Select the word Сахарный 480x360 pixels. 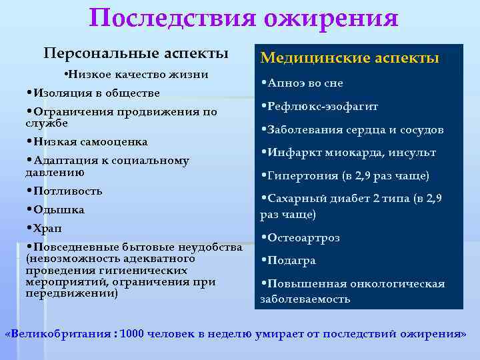[295, 199]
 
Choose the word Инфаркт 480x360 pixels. [291, 153]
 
